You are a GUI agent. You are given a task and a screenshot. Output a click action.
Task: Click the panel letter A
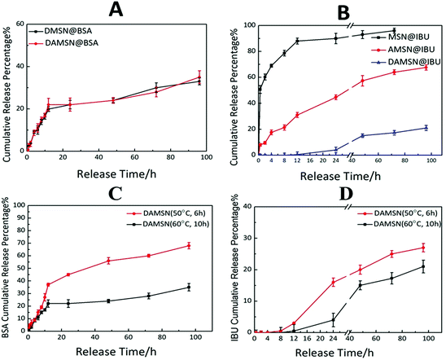pyautogui.click(x=115, y=10)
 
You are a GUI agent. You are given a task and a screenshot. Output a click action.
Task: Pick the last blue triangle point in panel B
pyautogui.click(x=426, y=128)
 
